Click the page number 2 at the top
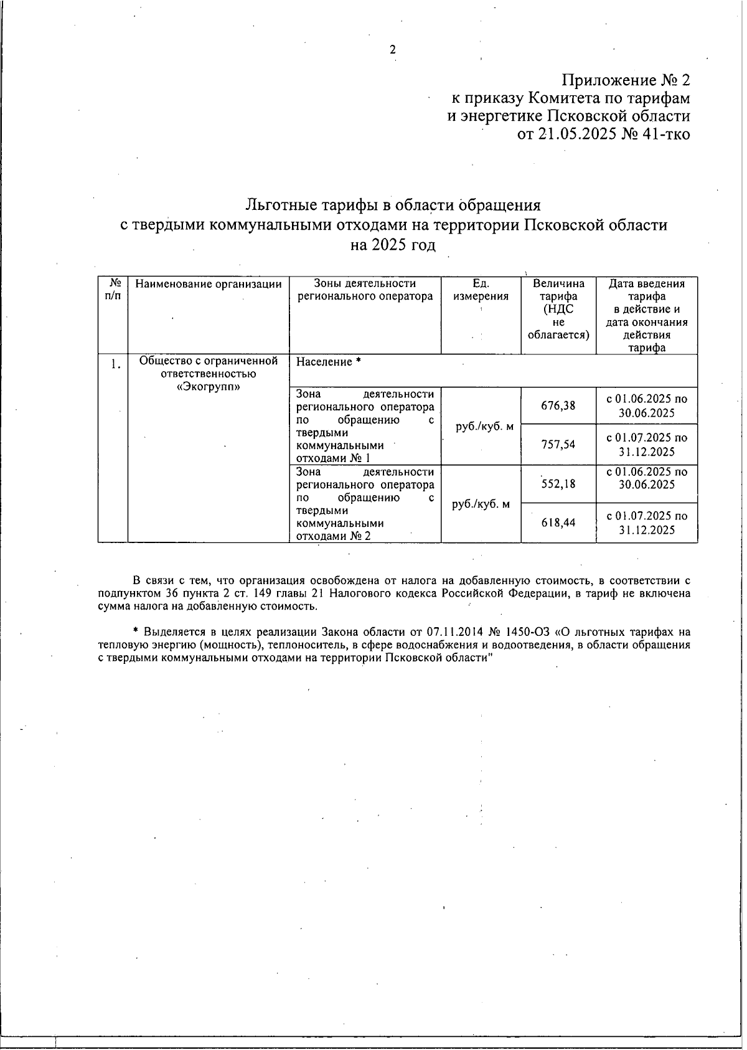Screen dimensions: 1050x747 click(393, 50)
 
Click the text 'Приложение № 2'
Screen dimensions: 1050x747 click(626, 80)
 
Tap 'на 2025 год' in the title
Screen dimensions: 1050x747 click(393, 245)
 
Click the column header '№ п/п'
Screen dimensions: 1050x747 click(113, 290)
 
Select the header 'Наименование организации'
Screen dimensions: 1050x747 click(209, 285)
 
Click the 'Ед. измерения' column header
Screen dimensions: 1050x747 click(481, 290)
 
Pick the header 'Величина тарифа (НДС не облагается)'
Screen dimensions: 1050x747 click(558, 310)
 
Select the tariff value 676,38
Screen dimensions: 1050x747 click(558, 406)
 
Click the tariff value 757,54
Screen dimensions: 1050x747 click(558, 445)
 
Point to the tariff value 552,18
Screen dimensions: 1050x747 click(558, 484)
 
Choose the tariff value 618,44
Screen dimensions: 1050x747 click(558, 523)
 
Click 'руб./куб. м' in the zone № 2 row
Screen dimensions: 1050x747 click(481, 504)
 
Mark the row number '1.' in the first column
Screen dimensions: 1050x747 click(116, 365)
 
